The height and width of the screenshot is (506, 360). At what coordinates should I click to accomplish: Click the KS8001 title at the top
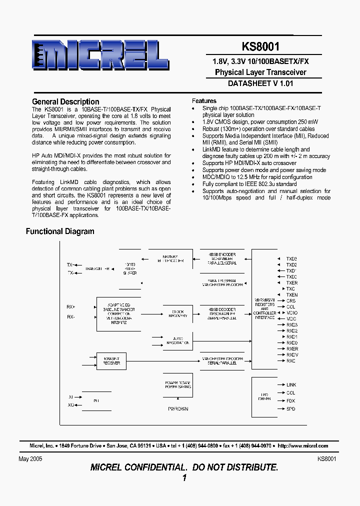pos(260,46)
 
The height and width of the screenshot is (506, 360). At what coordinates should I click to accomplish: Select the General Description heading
pos(65,101)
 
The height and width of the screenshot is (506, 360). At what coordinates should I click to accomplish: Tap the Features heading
pos(204,100)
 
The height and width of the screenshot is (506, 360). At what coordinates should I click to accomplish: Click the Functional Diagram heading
pos(60,231)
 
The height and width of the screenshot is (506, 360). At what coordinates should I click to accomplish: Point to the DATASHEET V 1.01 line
pos(260,83)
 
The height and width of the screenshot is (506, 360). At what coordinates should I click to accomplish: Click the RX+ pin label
pos(70,306)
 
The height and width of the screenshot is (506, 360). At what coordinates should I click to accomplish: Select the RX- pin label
pos(70,317)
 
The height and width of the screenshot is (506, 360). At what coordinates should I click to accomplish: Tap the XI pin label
pos(71,397)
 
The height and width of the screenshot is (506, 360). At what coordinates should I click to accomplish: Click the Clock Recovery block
pos(177,313)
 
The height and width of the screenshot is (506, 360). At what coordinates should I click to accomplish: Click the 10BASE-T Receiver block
pos(111,360)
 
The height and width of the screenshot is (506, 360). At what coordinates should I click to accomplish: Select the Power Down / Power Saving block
pos(177,384)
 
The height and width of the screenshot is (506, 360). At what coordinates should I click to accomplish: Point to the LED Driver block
pos(264,396)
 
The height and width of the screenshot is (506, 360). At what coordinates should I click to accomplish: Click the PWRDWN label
pos(178,409)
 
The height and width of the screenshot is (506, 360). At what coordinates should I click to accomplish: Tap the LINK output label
pos(291,385)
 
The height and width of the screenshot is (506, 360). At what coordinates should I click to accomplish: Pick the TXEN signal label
pos(292,295)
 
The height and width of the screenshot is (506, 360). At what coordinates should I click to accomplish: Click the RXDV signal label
pos(292,354)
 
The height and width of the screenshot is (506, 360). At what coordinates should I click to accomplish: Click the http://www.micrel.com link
pos(303,445)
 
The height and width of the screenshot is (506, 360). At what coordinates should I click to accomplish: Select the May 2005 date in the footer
pos(30,458)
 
